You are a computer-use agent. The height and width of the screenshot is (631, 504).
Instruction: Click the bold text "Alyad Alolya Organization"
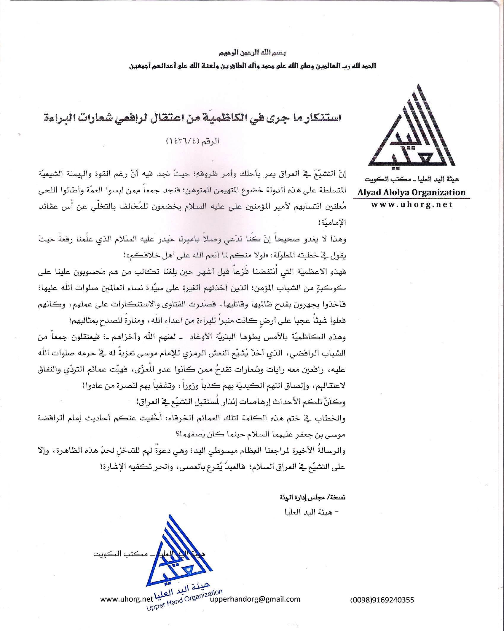(412, 192)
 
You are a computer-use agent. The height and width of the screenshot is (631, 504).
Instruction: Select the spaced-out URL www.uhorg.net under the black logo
(412, 205)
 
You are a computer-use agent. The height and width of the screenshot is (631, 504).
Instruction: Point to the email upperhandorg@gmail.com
(255, 599)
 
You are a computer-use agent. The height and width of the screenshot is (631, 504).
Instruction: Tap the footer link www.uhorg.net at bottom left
(126, 599)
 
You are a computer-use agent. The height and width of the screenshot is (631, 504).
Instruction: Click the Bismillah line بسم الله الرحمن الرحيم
(252, 53)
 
